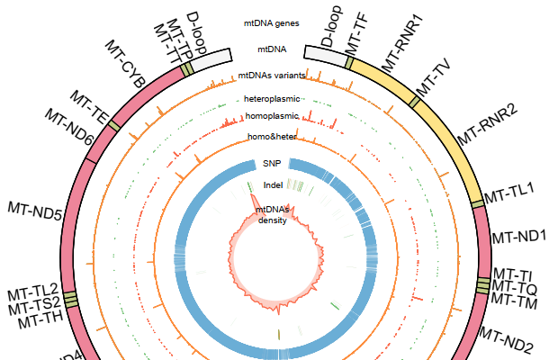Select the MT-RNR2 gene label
click(x=486, y=125)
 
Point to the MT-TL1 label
click(x=509, y=191)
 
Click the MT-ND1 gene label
click(x=519, y=237)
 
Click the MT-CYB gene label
click(x=125, y=63)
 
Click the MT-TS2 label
click(x=33, y=303)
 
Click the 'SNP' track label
click(x=271, y=164)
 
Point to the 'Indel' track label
click(x=273, y=185)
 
